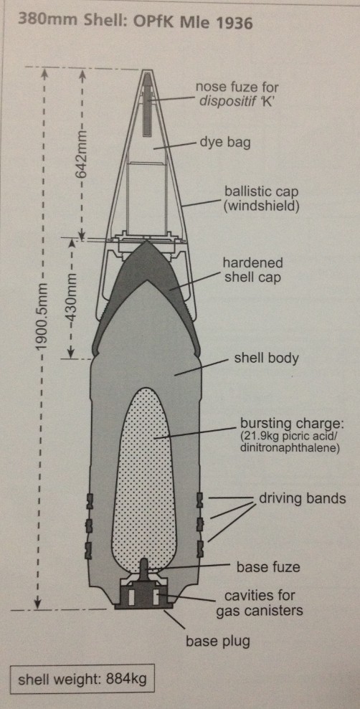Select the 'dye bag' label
(224, 143)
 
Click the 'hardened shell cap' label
(253, 270)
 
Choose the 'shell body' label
(266, 358)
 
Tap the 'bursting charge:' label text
(291, 426)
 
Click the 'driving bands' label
(302, 499)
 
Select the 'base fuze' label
(267, 566)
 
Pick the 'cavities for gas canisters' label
(259, 603)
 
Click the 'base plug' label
(218, 641)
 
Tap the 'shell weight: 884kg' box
(82, 679)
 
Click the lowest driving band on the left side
(89, 549)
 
